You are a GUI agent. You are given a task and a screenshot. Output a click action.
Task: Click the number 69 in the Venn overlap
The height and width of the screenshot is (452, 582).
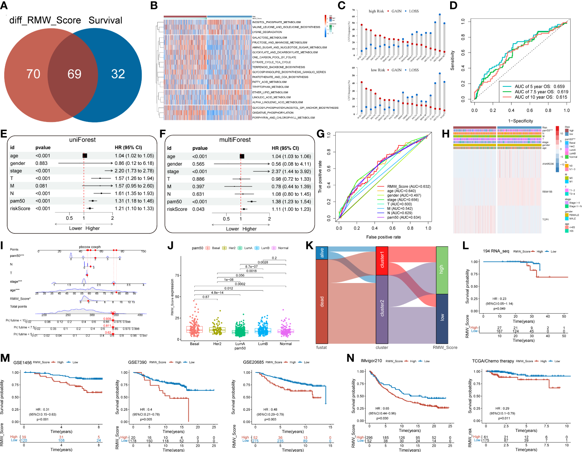74,74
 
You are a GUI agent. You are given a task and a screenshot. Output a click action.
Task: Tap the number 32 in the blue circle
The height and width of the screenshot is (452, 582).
118,74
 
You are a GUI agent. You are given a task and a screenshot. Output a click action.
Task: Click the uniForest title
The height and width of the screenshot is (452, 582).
82,140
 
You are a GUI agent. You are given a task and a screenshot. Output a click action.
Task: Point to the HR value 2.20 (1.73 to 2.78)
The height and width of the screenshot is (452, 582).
134,171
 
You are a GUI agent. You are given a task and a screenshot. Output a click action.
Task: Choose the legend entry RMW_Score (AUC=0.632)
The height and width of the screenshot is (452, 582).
408,186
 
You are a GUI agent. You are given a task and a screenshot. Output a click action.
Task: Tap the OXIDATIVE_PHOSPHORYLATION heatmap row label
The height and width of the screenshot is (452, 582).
273,113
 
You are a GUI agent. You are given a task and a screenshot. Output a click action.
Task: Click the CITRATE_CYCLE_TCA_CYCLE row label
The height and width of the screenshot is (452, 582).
272,62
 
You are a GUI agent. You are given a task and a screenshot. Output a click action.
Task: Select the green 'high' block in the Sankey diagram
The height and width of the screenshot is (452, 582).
442,270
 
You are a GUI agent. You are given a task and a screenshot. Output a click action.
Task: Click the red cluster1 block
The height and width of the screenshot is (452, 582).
382,260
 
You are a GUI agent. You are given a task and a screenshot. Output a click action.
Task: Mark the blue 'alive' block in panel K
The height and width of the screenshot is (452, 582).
322,253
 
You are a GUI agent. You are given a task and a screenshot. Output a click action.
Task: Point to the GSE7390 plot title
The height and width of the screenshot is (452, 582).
137,362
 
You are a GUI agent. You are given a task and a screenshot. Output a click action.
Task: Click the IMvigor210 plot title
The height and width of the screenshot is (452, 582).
371,361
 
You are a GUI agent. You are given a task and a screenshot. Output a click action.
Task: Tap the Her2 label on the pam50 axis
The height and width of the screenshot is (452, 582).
217,344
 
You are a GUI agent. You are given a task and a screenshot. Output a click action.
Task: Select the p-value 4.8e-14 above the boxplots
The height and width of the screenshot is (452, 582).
217,292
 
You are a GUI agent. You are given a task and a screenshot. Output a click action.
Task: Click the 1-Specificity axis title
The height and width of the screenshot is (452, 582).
520,121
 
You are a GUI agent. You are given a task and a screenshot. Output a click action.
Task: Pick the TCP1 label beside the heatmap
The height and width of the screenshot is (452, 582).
545,219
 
